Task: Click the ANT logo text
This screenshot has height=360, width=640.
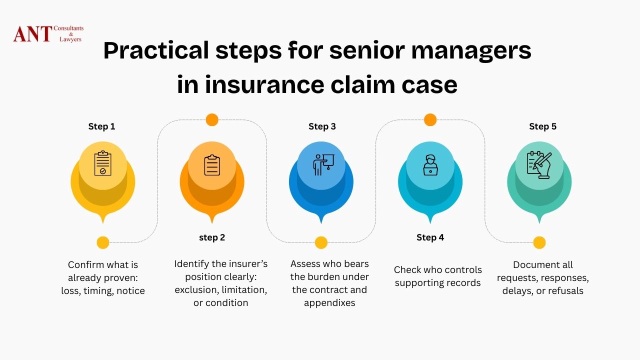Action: [32, 34]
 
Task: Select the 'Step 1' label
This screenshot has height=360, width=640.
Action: [101, 126]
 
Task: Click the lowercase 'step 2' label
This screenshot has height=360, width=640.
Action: [212, 237]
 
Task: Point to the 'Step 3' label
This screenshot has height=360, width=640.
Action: [322, 126]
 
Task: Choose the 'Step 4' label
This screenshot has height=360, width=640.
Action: [430, 237]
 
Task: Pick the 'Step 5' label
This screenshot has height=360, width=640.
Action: [542, 126]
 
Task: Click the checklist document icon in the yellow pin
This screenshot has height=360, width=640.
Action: [102, 163]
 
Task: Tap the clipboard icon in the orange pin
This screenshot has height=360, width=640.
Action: [212, 165]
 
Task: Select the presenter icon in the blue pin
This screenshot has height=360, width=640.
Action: [321, 163]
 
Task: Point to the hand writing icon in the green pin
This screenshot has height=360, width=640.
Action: [539, 163]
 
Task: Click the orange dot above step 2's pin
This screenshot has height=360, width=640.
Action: [212, 120]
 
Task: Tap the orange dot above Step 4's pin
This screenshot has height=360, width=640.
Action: [430, 120]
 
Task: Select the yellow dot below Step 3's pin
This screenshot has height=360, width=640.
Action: [321, 243]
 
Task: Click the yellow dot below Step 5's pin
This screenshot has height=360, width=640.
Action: [539, 243]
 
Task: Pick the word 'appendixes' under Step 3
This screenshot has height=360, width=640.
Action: [329, 303]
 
